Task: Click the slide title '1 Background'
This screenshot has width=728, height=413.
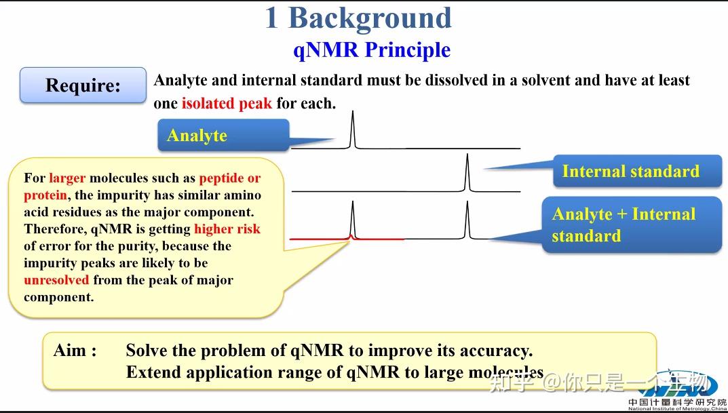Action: [x=358, y=18]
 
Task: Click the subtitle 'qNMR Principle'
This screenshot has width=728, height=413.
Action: [x=372, y=50]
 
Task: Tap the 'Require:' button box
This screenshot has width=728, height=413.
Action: [x=83, y=85]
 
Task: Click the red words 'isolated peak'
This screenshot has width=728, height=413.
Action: [x=227, y=103]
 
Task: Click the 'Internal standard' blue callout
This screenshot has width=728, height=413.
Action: [x=631, y=171]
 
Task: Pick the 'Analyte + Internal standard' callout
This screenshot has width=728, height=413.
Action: [x=624, y=224]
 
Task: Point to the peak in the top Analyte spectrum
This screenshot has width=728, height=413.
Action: [x=352, y=129]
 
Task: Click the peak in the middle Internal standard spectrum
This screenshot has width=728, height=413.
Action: [x=467, y=172]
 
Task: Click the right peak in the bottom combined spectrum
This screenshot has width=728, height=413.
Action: [x=467, y=220]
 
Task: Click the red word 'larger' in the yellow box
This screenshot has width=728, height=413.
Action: [x=67, y=178]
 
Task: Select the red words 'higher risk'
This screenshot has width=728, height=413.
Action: [x=227, y=229]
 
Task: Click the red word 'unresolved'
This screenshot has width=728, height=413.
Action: [x=56, y=280]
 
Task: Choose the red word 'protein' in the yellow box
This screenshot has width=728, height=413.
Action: [x=45, y=195]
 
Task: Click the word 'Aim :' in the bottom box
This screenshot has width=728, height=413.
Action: [x=75, y=351]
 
